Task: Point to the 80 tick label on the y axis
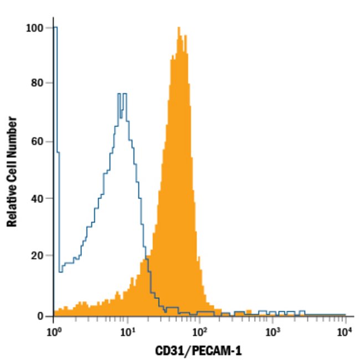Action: click(37, 83)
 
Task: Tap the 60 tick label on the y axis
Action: click(37, 141)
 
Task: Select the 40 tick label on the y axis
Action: click(37, 198)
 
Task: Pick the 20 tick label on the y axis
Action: click(37, 255)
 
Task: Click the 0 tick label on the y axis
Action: click(40, 316)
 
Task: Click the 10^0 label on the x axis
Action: click(54, 333)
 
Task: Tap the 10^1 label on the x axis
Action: click(127, 333)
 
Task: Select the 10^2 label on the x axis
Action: click(200, 333)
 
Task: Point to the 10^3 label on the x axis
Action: click(272, 333)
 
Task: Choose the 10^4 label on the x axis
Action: click(345, 333)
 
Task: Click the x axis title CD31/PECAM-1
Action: click(198, 351)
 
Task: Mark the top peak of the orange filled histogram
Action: click(178, 29)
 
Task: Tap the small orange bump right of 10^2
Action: click(248, 312)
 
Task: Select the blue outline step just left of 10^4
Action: click(302, 312)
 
